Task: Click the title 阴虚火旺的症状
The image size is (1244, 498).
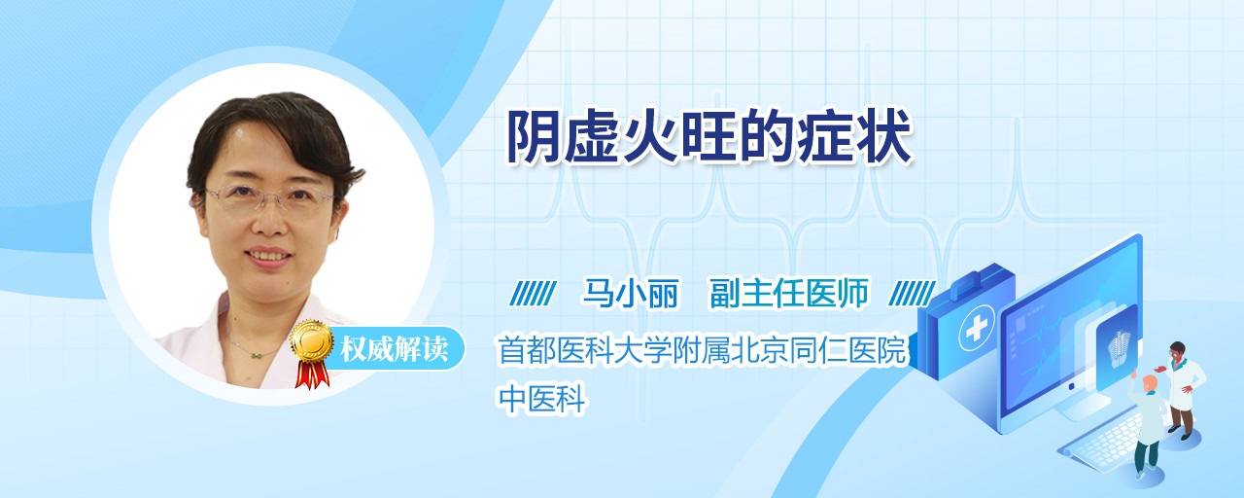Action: pyautogui.click(x=709, y=137)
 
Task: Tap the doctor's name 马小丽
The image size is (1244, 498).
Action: pyautogui.click(x=631, y=294)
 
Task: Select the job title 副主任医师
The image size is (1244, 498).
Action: pyautogui.click(x=789, y=294)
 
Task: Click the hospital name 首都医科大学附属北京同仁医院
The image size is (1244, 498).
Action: pyautogui.click(x=702, y=350)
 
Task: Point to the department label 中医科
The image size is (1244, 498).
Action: pyautogui.click(x=541, y=399)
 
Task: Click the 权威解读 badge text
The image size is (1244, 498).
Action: pyautogui.click(x=395, y=349)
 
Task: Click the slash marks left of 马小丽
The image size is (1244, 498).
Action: pyautogui.click(x=533, y=294)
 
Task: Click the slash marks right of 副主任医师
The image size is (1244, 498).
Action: pyautogui.click(x=912, y=294)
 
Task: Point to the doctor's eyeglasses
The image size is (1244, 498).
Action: pyautogui.click(x=270, y=197)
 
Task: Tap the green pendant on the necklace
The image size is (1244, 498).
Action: pyautogui.click(x=256, y=355)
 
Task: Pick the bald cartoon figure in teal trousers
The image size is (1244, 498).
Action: pyautogui.click(x=1149, y=426)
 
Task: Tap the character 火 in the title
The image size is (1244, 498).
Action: pyautogui.click(x=651, y=137)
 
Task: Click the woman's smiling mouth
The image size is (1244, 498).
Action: pyautogui.click(x=269, y=256)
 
